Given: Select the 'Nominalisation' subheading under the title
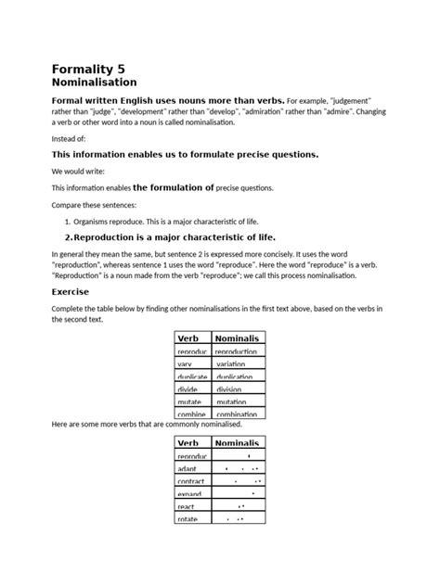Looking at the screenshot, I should click(x=98, y=83).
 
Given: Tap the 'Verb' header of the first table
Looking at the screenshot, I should click(x=188, y=338).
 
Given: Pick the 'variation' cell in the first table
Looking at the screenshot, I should click(x=231, y=364).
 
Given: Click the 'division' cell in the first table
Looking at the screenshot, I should click(x=231, y=389).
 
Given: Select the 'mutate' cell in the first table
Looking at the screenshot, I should click(x=190, y=401).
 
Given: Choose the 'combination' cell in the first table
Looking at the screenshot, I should click(x=237, y=414).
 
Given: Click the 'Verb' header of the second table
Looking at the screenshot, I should click(x=188, y=443).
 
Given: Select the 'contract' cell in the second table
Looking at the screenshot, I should click(x=192, y=481).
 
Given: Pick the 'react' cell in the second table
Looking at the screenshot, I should click(x=188, y=506).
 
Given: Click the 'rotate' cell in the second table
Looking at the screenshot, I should click(x=188, y=519).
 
